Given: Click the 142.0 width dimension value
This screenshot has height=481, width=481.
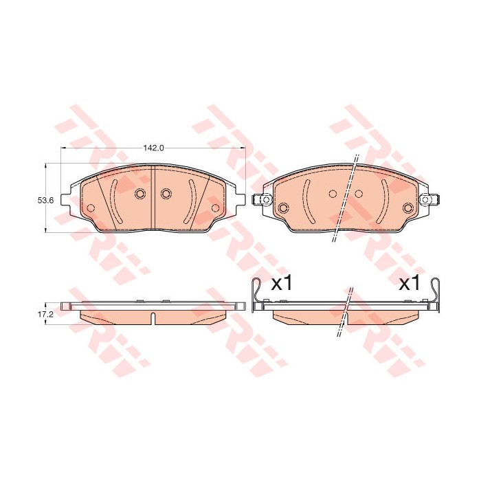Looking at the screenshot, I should [153, 148].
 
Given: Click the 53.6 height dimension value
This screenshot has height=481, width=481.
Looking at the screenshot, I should [45, 200].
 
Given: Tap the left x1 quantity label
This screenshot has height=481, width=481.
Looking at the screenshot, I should [282, 283].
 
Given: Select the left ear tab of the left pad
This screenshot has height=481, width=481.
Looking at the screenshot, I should [66, 200].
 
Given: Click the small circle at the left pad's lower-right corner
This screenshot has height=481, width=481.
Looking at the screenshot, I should [214, 208].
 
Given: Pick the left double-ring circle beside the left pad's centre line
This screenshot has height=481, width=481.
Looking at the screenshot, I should [139, 194].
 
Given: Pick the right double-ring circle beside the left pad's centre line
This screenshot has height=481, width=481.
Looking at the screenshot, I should [165, 194].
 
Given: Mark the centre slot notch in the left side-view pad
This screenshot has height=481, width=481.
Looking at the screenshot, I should [153, 318].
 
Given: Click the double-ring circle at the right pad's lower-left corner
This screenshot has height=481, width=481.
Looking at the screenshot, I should [282, 207].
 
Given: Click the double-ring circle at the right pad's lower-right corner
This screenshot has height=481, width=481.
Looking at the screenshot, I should [407, 207].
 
